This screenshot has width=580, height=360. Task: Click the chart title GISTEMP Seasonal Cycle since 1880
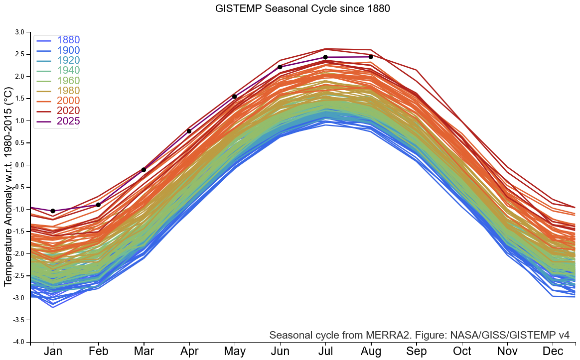[302, 8]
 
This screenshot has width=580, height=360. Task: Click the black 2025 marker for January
[53, 211]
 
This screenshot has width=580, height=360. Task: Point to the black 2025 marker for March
[144, 170]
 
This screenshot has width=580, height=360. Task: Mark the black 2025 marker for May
[234, 97]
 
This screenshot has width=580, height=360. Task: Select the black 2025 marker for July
[325, 57]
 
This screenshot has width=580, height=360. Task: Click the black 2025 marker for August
[371, 57]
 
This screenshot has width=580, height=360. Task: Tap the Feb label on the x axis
[98, 352]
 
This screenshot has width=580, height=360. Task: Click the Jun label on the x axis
[280, 352]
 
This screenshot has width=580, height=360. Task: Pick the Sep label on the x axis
[416, 352]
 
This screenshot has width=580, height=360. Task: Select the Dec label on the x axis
[553, 352]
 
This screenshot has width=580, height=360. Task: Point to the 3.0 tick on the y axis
[19, 32]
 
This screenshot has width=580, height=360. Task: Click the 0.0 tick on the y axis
[19, 165]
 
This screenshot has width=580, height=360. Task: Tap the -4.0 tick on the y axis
[18, 342]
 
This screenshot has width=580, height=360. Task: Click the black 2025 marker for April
[189, 131]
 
